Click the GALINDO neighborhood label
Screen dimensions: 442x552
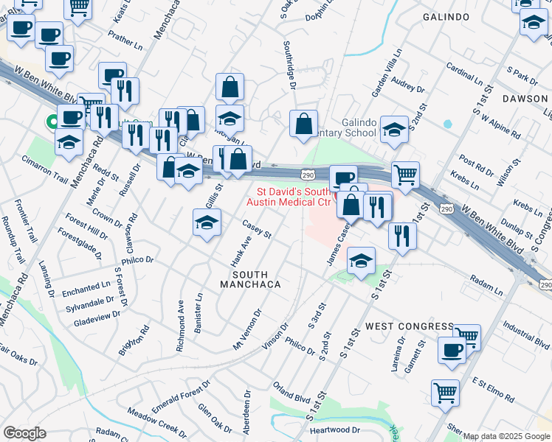pos(446,16)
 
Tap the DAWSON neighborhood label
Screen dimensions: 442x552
pos(525,98)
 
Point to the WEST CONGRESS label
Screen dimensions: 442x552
pos(409,326)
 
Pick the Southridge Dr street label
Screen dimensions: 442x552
pos(289,65)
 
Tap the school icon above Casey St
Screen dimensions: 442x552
pos(207,222)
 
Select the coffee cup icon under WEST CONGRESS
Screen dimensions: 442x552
pos(452,351)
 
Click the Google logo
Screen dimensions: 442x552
pos(24,433)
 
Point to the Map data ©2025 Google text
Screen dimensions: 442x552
pos(506,436)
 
